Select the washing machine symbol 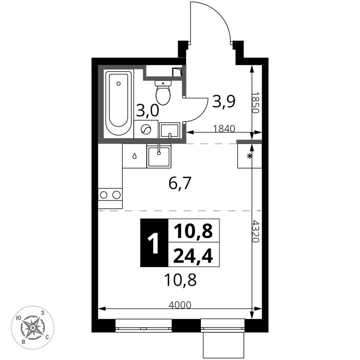click(146, 130)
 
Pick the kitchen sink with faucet click(159, 157)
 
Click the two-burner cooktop click(110, 195)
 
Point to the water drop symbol click(134, 156)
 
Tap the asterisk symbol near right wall click(249, 156)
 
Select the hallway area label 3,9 click(223, 101)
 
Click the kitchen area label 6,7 click(180, 185)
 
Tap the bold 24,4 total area click(193, 256)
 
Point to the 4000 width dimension click(180, 304)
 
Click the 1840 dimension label click(224, 128)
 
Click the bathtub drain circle click(118, 83)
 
